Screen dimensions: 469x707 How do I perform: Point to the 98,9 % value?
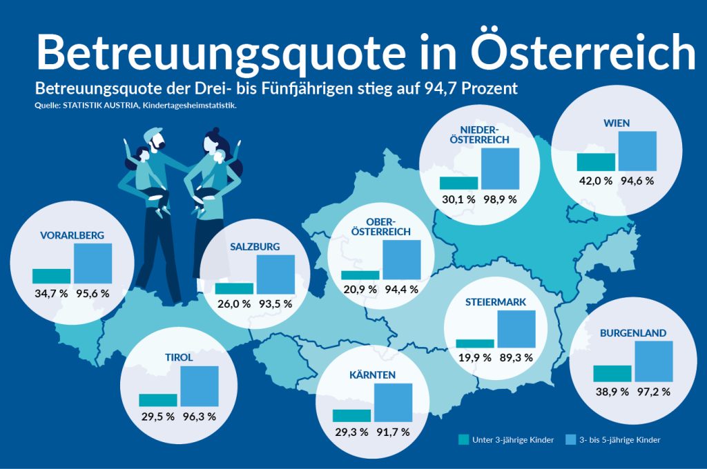500,199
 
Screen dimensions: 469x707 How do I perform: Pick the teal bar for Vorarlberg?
51,275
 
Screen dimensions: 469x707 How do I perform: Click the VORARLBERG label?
72,235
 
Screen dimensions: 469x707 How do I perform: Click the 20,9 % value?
360,290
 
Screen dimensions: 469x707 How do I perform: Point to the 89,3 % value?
516,357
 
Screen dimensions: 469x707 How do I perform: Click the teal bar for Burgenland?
612,373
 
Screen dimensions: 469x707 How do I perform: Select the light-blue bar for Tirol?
200,386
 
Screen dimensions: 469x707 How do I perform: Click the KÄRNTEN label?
372,375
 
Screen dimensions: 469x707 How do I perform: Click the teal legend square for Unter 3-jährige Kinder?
463,439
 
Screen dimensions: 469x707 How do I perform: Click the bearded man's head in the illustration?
157,141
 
